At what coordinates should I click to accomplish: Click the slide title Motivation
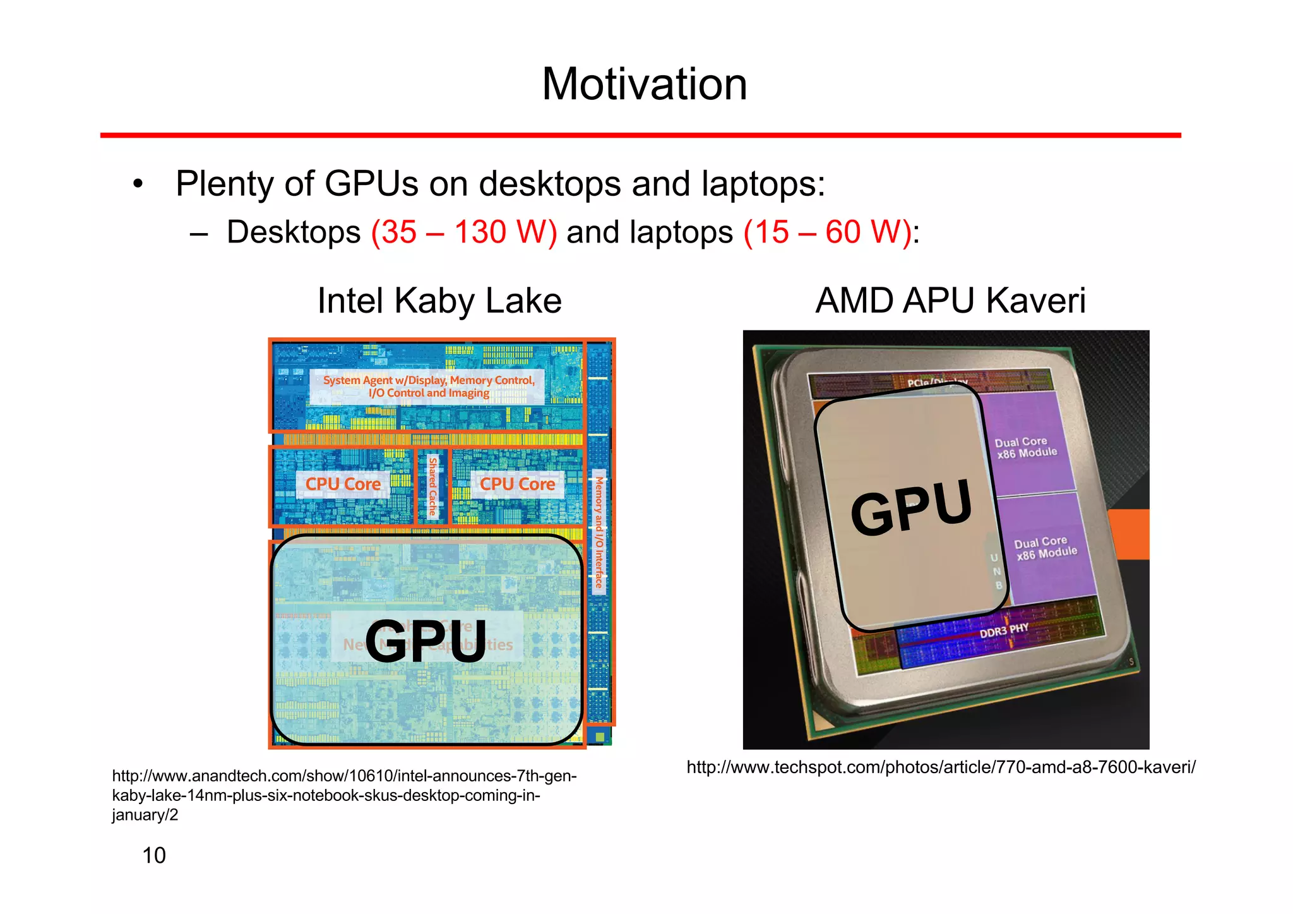pos(645,84)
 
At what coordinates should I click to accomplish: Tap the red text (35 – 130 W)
pos(464,232)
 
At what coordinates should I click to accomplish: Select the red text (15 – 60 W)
pos(828,232)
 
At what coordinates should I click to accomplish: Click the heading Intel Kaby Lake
pos(439,301)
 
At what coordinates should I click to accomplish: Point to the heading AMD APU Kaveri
pos(950,301)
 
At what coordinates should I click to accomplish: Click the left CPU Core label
pos(343,484)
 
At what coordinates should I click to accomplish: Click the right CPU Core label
pos(517,484)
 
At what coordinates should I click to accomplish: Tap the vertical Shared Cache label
pos(432,486)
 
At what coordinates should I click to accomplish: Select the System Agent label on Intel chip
pos(429,386)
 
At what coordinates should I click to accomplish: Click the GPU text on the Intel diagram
pos(426,641)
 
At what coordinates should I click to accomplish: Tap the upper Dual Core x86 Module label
pos(1025,447)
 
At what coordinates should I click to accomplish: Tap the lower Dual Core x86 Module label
pos(1046,547)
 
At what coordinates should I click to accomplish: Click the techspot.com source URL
pos(941,767)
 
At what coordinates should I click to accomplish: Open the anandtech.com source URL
pos(344,795)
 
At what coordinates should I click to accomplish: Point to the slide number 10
pos(154,855)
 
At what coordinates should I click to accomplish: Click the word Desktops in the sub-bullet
pos(294,232)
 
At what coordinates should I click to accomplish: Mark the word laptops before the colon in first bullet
pos(759,184)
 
